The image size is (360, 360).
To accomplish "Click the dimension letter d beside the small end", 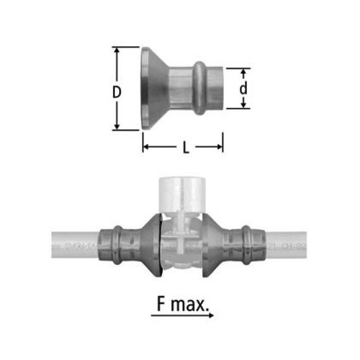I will click(x=244, y=89).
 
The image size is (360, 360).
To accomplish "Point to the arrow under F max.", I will click(x=182, y=316).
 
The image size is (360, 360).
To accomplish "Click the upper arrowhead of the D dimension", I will click(x=117, y=51).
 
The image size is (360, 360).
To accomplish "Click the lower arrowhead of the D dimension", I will click(x=117, y=126).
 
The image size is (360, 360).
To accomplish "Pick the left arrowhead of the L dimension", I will click(x=145, y=147).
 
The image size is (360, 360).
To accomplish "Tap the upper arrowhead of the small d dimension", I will click(x=244, y=72).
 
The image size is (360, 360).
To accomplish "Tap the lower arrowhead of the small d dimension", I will click(x=244, y=105).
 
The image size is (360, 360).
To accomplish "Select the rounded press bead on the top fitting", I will click(x=201, y=88).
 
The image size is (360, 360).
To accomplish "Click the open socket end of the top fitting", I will click(x=217, y=88).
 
